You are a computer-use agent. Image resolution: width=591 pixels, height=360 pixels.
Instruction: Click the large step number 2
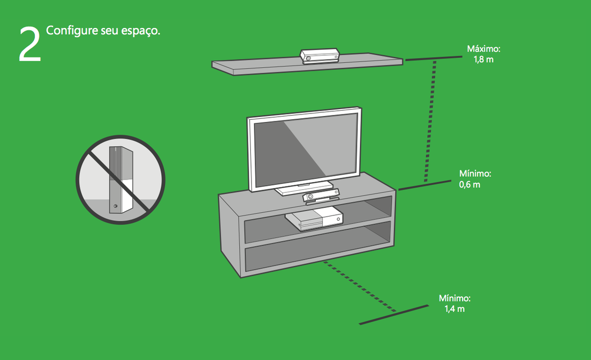(x=30, y=44)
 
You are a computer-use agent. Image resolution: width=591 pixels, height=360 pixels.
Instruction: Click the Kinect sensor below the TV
(x=321, y=197)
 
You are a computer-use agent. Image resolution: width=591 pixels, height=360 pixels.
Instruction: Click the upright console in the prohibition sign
(x=121, y=179)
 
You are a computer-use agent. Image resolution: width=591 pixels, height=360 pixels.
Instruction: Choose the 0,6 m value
(x=470, y=184)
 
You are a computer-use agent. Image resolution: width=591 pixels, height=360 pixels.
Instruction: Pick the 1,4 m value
(x=455, y=309)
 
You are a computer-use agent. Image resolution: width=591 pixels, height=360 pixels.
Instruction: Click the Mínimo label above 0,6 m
(x=475, y=174)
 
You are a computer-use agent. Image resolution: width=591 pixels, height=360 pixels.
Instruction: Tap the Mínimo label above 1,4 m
(x=455, y=298)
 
